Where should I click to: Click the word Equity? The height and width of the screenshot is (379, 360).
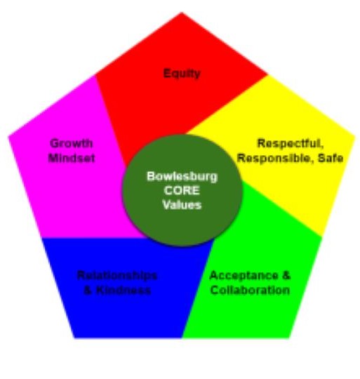[x=182, y=74]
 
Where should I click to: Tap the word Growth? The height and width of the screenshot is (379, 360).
[x=72, y=143]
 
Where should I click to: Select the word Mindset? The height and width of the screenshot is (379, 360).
[x=72, y=159]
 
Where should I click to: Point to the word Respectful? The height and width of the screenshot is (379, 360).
[x=290, y=144]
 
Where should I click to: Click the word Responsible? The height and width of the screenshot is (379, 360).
[x=275, y=159]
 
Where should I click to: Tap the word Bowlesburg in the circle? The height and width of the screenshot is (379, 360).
[x=182, y=177]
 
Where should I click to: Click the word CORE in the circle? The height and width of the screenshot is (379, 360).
[x=182, y=191]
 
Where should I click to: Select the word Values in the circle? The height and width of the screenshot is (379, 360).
[x=182, y=205]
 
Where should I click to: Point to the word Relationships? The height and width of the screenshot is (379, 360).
[x=117, y=276]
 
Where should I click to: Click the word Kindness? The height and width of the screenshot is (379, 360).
[x=124, y=291]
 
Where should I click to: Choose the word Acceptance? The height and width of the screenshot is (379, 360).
[x=244, y=276]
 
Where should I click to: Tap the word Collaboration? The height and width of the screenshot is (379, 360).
[x=250, y=291]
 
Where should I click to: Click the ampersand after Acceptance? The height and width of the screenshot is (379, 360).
[x=286, y=276]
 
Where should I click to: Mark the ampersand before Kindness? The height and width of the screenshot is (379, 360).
[x=88, y=291]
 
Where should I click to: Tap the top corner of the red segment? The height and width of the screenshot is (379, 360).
[x=182, y=12]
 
